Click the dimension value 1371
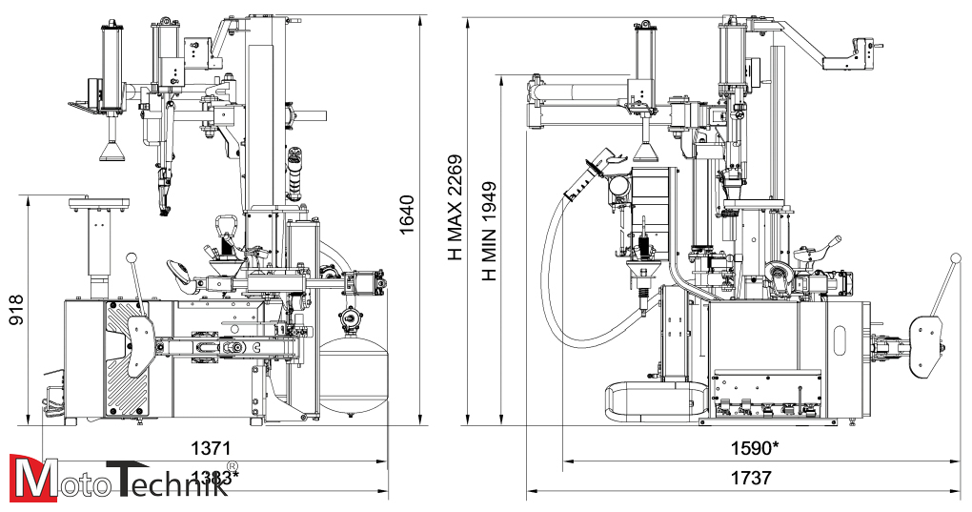coord(211,447)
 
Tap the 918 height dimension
coord(16,309)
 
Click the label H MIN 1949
coord(489,231)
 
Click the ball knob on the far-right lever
coord(958,259)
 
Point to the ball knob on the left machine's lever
coord(132,257)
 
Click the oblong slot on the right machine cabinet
coord(841,341)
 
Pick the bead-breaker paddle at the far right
coord(924,345)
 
